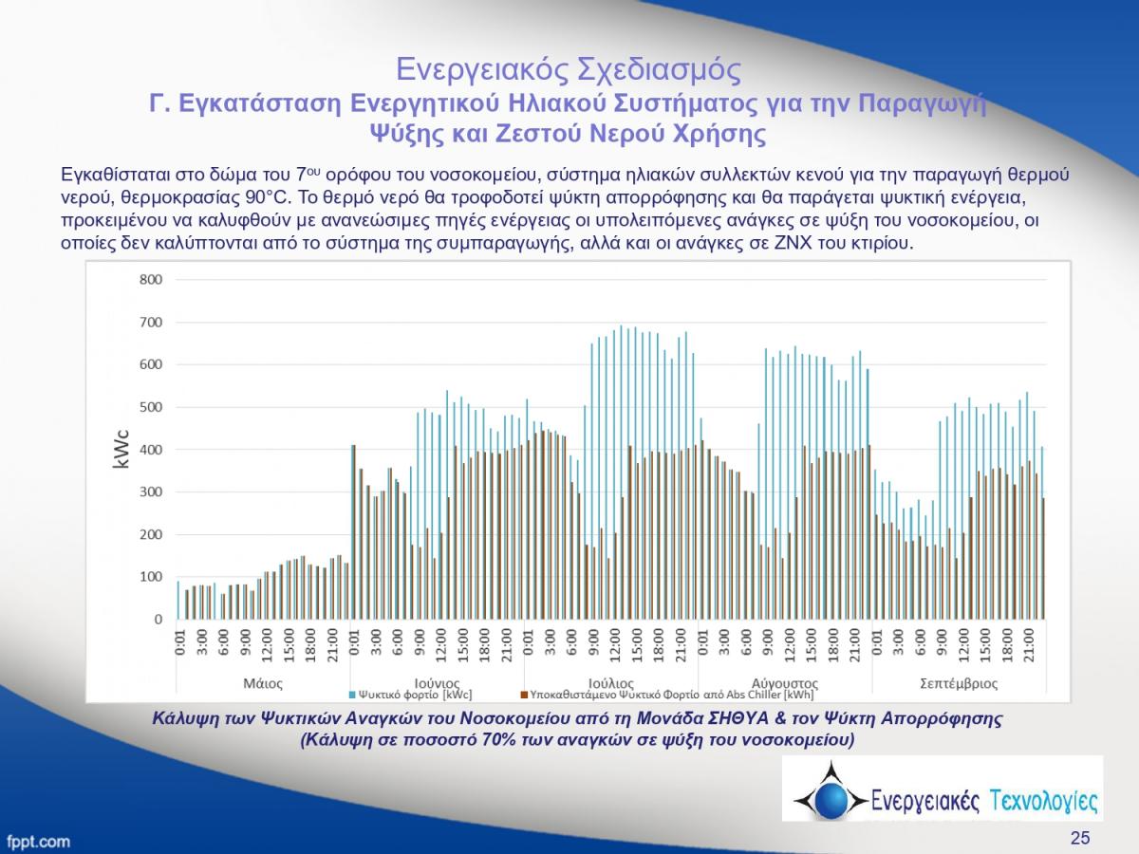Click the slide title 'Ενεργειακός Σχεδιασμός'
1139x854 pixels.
pos(568,69)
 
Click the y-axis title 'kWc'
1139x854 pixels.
pos(121,449)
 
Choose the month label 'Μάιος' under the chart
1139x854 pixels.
pos(263,682)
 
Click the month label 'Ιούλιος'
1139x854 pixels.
pos(611,682)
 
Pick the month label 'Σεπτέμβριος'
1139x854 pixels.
pos(959,682)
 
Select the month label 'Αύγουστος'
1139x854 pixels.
pos(784,682)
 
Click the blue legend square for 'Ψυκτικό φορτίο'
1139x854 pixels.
pos(352,694)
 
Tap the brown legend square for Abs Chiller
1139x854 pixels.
pos(523,694)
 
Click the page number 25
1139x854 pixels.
pos(1080,837)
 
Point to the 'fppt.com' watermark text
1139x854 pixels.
pos(38,841)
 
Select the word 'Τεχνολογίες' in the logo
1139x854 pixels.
pos(1043,801)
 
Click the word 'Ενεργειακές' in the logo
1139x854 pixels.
pos(924,801)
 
